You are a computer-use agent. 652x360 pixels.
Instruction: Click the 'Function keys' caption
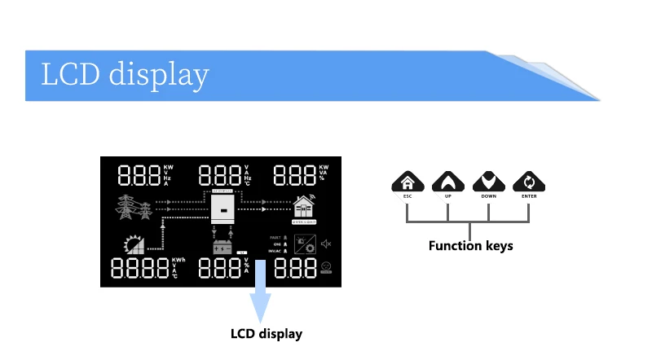(x=470, y=245)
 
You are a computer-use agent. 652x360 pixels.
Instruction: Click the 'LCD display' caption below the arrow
(x=267, y=334)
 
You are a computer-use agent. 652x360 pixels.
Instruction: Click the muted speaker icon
(x=326, y=244)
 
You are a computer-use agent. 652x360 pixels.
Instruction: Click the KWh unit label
(x=178, y=261)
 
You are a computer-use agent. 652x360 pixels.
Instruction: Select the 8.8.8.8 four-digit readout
(x=139, y=270)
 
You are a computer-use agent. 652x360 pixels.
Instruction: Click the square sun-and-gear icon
(x=305, y=244)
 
